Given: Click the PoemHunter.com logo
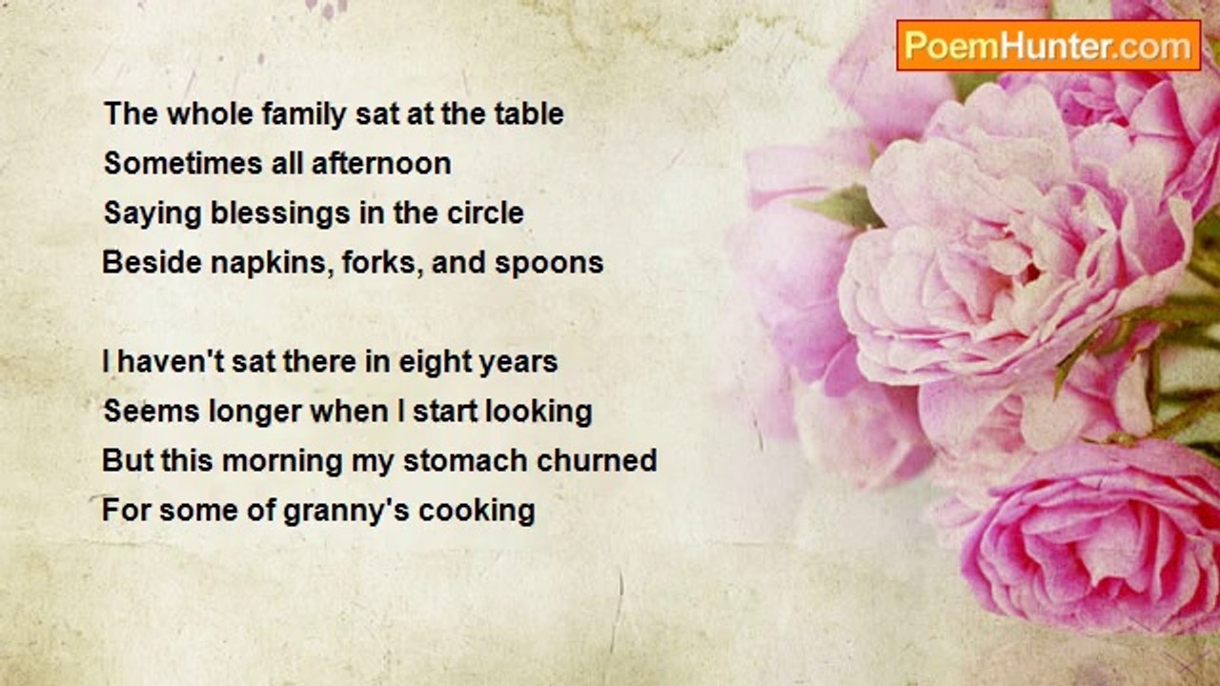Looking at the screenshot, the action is pos(1048,46).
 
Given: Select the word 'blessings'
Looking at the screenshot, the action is pos(280,213).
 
